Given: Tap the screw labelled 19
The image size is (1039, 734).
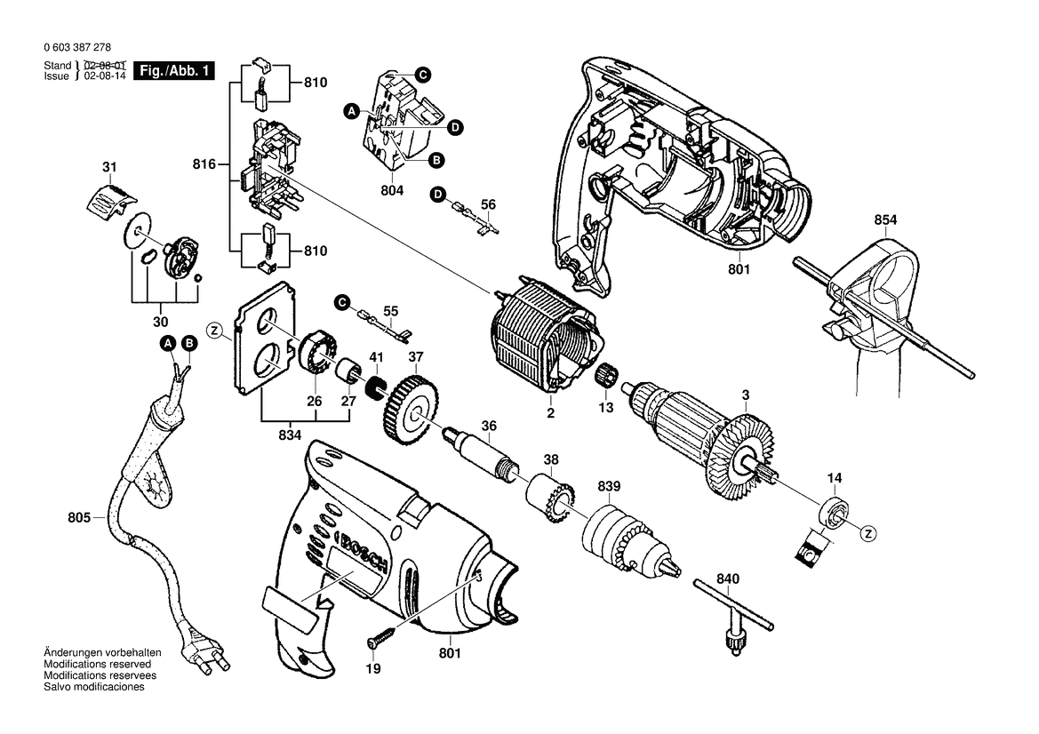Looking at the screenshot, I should [x=381, y=637].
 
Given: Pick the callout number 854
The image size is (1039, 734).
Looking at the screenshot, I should [x=885, y=220].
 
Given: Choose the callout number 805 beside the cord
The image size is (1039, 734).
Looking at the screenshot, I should [x=78, y=516].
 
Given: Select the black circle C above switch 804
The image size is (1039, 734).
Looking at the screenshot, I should [x=423, y=75].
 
